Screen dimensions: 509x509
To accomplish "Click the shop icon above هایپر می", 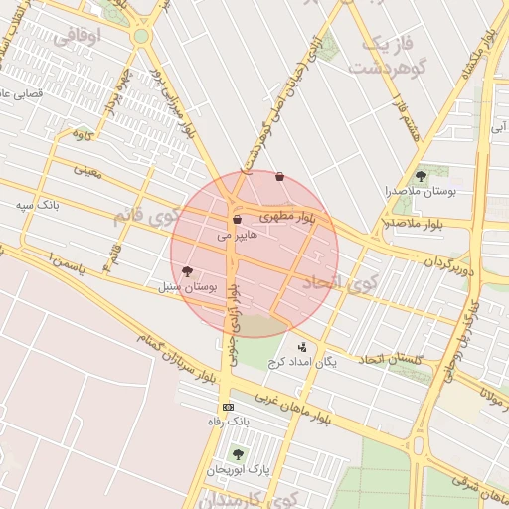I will point(237,220).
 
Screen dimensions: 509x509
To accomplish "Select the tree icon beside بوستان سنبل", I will point(187,271).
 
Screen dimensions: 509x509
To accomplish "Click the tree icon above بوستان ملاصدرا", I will point(422,175).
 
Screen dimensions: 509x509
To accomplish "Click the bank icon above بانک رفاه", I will point(228,407).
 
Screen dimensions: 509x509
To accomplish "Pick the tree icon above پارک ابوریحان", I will point(237,453).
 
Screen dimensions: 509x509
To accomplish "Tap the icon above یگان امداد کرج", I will point(303,347).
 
